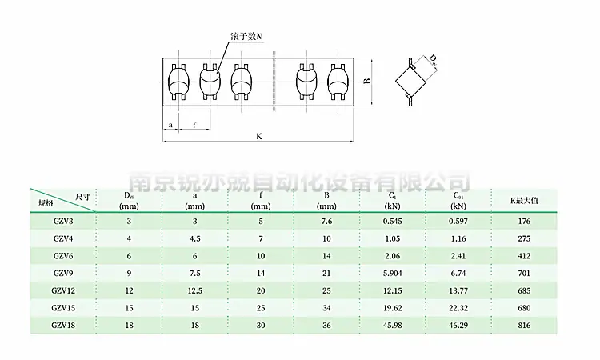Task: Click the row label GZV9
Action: pos(63,273)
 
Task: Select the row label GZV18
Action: pos(63,325)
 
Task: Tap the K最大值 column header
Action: pos(524,200)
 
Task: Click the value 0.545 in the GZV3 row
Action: pos(392,221)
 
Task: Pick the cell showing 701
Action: pos(524,273)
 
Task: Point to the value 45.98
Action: pos(392,325)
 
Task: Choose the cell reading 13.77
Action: pos(458,290)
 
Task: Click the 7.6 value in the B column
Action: pos(326,221)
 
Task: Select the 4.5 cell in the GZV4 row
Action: pos(194,238)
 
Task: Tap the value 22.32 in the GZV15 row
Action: pos(458,308)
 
